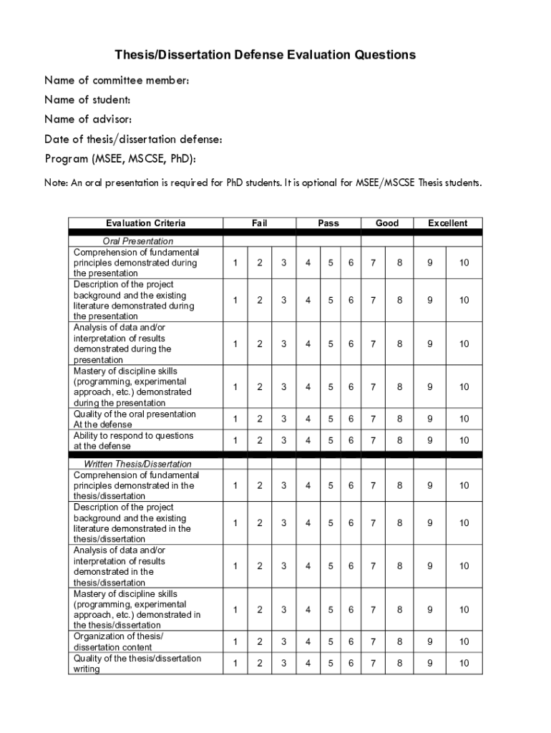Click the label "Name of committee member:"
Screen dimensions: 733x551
117,80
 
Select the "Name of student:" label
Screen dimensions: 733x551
87,99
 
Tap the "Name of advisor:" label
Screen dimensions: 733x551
88,119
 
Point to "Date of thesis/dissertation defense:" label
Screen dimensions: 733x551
133,139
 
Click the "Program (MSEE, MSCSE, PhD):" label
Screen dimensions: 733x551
120,158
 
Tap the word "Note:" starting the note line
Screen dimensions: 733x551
56,183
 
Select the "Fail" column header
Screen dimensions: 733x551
260,223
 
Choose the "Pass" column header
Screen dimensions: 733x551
328,223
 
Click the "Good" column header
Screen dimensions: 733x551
387,223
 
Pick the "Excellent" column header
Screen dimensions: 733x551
448,223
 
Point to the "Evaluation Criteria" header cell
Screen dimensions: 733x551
145,223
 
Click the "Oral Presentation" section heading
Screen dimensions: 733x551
138,241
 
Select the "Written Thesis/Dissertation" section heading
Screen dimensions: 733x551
138,464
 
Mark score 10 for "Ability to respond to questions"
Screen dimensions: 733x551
464,440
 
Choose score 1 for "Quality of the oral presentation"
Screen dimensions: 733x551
235,419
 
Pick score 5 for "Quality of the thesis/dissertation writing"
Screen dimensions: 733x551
331,664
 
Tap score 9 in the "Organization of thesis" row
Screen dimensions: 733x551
430,641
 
